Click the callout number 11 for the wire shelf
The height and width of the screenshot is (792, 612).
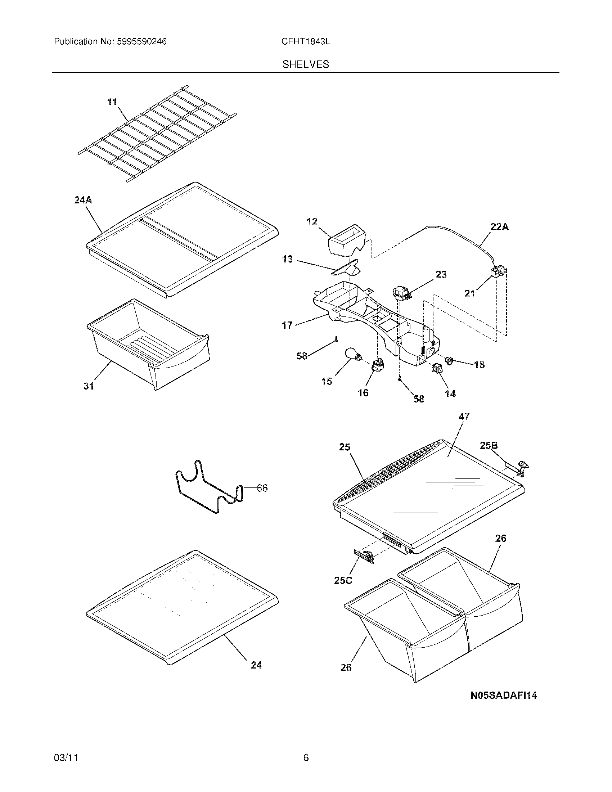tap(112, 102)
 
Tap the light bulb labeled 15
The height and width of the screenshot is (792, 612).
tap(353, 355)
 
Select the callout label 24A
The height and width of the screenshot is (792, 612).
tap(83, 200)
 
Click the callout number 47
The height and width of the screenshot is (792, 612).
tap(464, 417)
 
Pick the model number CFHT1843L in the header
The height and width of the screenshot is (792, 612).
tap(306, 42)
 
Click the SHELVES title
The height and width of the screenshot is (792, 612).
tap(306, 64)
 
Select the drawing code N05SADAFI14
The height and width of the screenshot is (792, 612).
tap(504, 695)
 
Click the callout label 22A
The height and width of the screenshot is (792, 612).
tap(499, 227)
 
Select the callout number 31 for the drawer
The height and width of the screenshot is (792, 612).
tap(89, 386)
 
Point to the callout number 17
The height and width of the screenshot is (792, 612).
tap(287, 325)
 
